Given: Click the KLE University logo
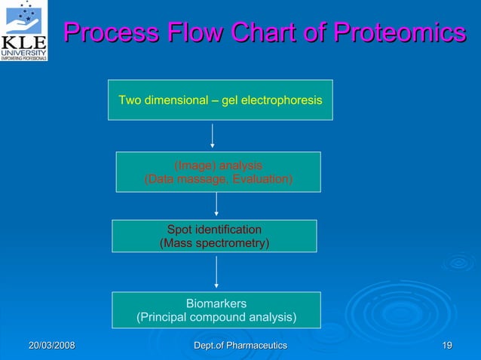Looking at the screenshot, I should [24, 30].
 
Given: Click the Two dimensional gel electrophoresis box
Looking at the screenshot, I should [220, 99].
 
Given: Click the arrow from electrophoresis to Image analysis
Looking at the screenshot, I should [213, 136].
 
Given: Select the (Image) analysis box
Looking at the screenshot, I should [218, 172].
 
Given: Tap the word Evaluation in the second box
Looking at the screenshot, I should [262, 179].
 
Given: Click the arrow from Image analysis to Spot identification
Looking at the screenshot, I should [217, 205].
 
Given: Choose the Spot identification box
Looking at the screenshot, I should [214, 236].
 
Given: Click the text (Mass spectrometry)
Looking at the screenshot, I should [214, 243].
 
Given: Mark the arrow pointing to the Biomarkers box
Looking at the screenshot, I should [217, 272].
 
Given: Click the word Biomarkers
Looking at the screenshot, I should [216, 303].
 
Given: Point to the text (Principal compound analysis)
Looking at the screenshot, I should [216, 317].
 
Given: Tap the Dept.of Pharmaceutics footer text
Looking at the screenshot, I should [240, 345].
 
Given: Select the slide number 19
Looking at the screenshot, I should [447, 345].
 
